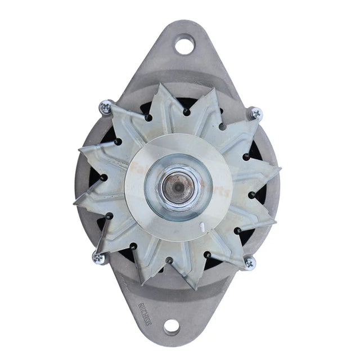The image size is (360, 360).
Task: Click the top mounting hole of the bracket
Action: coord(183,44)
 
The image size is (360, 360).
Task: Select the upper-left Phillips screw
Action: coord(105,106)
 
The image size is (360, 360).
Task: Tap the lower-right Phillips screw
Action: coord(249,263)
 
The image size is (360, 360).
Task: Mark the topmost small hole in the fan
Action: coord(186,112)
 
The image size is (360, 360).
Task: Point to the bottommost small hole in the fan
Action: coord(169,260)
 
